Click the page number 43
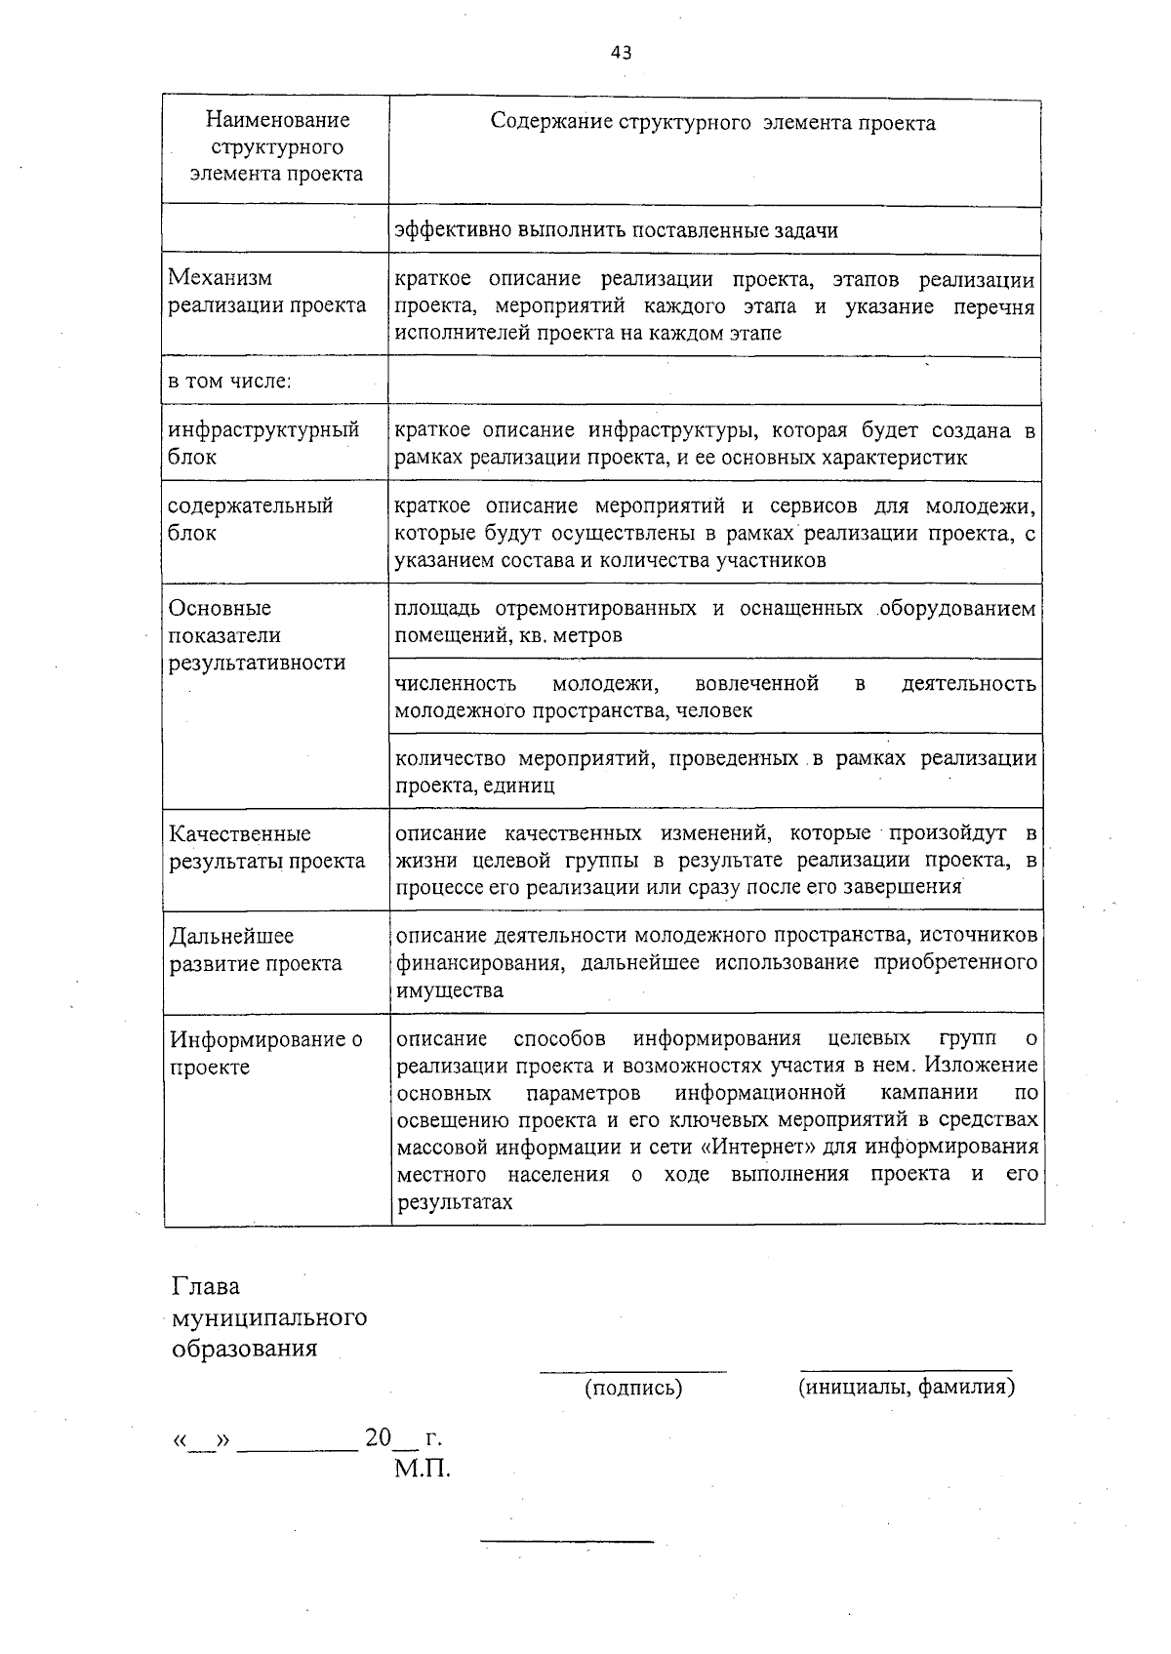[622, 53]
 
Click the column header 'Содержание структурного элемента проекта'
[712, 123]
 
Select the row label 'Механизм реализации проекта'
[267, 292]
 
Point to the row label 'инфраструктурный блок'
[263, 443]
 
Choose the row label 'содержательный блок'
[251, 519]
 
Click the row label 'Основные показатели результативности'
[257, 635]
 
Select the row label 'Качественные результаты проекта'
[267, 847]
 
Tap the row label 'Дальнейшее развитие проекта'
[256, 949]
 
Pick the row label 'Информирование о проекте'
[265, 1053]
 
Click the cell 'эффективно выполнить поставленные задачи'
[616, 230]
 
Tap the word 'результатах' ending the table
[455, 1202]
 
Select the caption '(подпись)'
[632, 1387]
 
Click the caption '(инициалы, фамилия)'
[907, 1387]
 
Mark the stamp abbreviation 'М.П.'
[423, 1468]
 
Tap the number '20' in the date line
[378, 1437]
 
